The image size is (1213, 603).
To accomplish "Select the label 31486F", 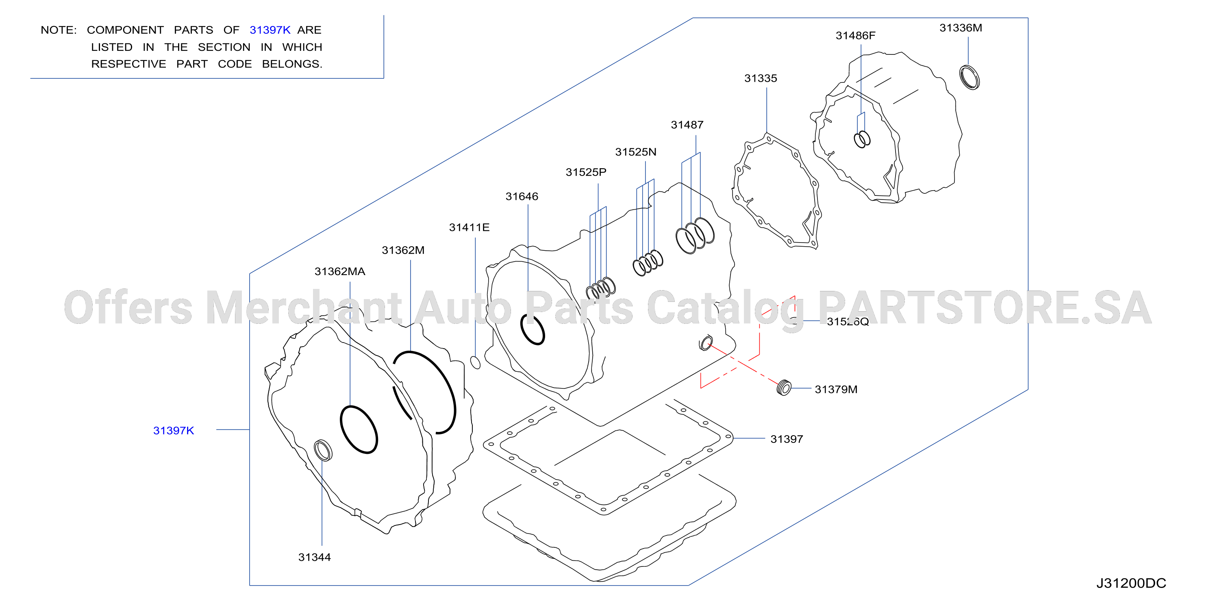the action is click(x=855, y=36).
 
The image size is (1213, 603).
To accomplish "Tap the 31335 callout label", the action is click(x=761, y=78).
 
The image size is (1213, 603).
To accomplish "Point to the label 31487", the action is click(x=687, y=125).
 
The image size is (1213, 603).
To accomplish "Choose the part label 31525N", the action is click(x=636, y=152).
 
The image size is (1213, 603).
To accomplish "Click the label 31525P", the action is click(x=586, y=172).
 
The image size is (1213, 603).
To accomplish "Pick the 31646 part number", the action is click(x=522, y=197).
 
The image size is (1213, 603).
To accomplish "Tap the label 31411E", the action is click(x=469, y=228).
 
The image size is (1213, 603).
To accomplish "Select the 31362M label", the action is click(x=403, y=250).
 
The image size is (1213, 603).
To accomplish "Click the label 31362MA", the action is click(x=339, y=271).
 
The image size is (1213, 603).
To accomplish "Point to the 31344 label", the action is click(x=315, y=557).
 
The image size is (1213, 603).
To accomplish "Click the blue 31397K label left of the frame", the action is click(x=173, y=431).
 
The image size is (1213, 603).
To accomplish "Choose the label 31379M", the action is click(x=836, y=390).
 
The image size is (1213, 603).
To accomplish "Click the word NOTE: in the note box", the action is click(x=59, y=30).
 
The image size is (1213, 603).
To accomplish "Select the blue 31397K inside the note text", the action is click(x=270, y=30).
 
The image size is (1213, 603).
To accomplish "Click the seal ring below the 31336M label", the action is click(x=970, y=78).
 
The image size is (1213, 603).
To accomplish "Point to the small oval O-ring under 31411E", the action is click(x=476, y=362).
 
